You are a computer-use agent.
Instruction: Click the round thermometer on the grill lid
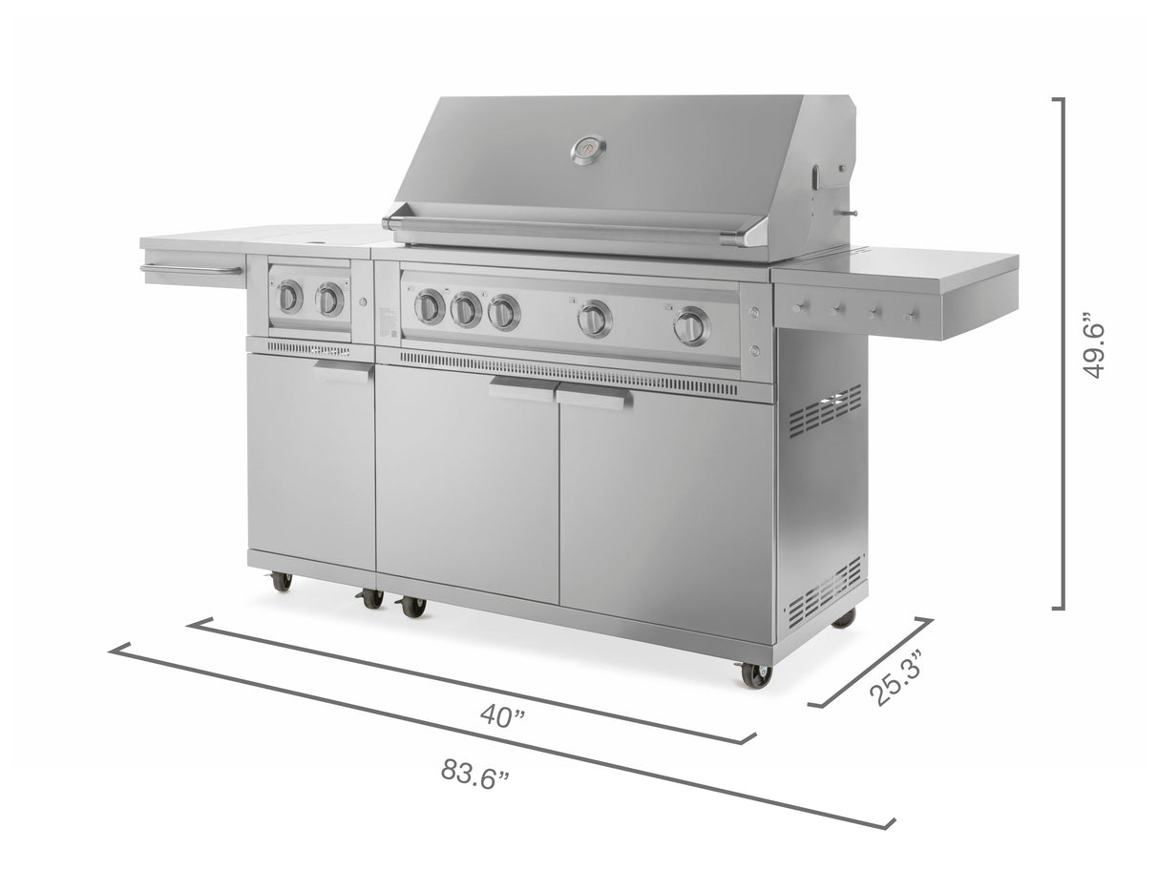[x=588, y=150]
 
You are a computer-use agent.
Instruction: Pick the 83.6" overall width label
[x=474, y=773]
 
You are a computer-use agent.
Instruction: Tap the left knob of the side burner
[x=288, y=298]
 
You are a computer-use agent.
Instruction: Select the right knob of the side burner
[x=329, y=300]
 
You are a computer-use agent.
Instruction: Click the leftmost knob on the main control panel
[x=430, y=306]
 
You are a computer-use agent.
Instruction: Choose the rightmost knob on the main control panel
[x=690, y=326]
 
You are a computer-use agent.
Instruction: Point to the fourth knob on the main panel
[x=594, y=319]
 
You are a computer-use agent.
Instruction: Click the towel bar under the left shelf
[x=191, y=271]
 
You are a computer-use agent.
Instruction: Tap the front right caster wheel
[x=755, y=674]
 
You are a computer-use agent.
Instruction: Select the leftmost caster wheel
[x=281, y=581]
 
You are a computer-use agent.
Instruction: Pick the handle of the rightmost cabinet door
[x=593, y=399]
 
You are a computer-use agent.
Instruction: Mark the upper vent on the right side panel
[x=824, y=411]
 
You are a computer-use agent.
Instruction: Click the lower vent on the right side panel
[x=825, y=589]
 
